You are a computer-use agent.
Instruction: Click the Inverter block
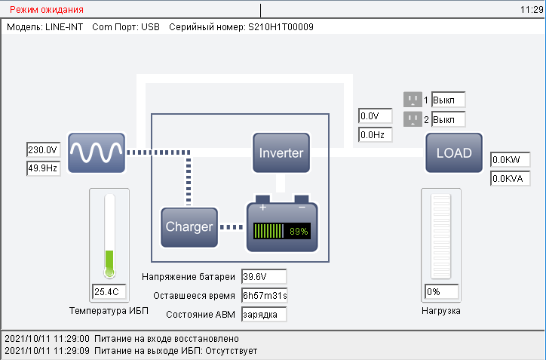[x=281, y=153]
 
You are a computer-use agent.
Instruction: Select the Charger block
[x=189, y=226]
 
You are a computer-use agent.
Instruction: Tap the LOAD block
[x=453, y=153]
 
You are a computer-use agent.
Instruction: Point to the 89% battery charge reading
[x=299, y=231]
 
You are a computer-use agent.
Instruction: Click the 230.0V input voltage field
[x=43, y=149]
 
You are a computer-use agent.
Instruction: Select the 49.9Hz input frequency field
[x=43, y=168]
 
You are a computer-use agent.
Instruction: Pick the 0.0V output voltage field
[x=375, y=116]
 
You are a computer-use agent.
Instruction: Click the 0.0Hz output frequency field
[x=375, y=135]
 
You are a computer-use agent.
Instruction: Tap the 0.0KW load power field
[x=510, y=160]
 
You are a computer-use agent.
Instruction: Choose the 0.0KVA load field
[x=510, y=179]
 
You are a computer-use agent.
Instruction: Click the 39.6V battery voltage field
[x=264, y=276]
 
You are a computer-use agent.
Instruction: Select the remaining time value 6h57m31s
[x=264, y=295]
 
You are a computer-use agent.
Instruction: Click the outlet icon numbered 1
[x=412, y=100]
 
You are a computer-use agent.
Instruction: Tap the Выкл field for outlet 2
[x=448, y=119]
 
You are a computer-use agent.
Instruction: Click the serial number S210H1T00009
[x=281, y=26]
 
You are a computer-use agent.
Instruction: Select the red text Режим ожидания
[x=46, y=10]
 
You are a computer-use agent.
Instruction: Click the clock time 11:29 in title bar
[x=531, y=10]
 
